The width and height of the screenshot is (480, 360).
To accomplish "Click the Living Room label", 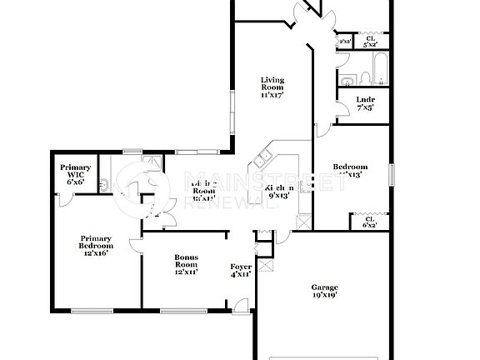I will click(272, 87).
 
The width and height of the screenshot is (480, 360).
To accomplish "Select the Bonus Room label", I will click(186, 265).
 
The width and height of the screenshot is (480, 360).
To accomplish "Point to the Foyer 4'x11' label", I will click(242, 270).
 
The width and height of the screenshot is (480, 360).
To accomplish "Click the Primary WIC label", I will click(75, 172).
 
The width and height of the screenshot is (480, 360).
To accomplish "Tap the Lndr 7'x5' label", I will click(365, 102).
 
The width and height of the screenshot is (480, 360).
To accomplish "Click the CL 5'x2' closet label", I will click(370, 40).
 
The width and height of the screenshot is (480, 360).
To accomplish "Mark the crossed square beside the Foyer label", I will click(267, 267).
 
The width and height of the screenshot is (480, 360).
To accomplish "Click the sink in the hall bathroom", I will click(347, 80).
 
